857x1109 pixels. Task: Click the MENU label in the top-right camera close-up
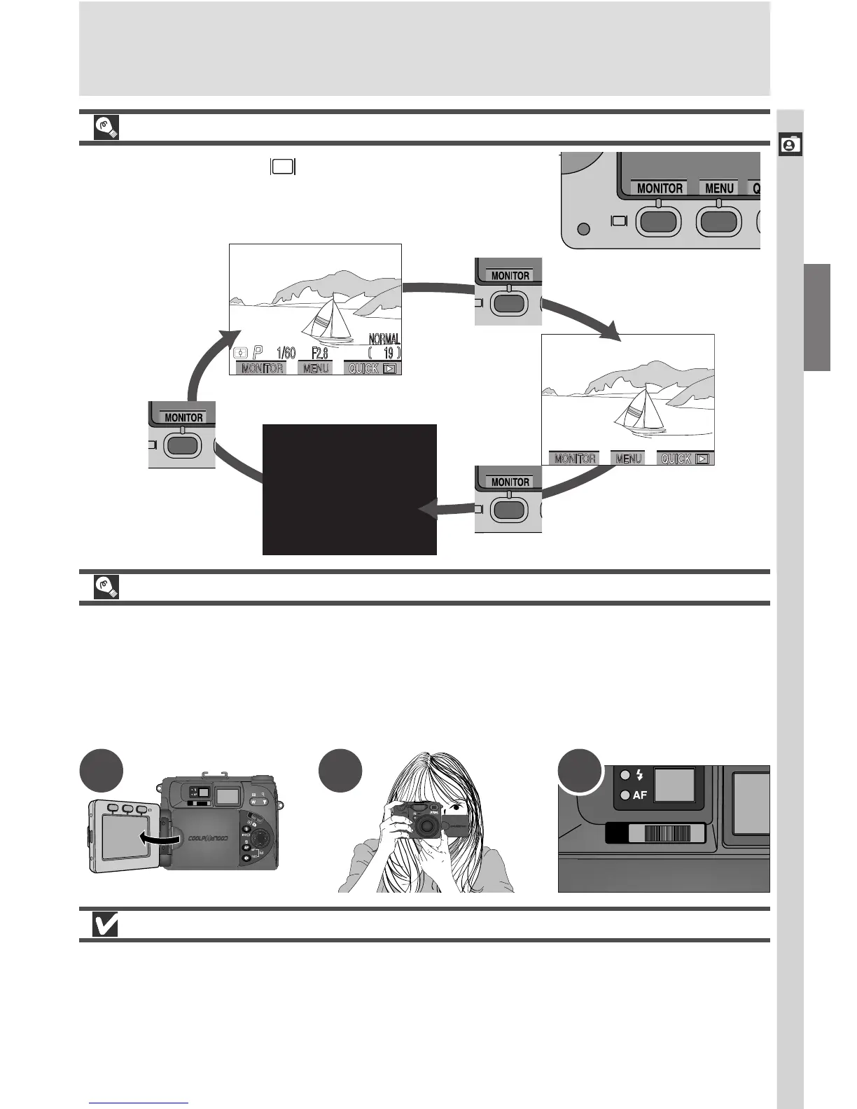coord(719,188)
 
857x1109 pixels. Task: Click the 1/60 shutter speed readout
coord(285,353)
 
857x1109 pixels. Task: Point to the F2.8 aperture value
coord(320,353)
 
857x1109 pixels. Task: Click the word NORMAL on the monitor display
coord(384,340)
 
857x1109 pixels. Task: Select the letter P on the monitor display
coord(258,353)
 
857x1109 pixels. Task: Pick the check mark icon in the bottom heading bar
coord(105,925)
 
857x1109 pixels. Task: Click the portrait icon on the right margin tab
coord(790,144)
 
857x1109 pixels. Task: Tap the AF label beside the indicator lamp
coord(640,795)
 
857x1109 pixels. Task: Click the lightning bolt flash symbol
coord(639,774)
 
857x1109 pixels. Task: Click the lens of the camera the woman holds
coord(425,827)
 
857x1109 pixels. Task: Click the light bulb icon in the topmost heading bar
coord(105,127)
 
